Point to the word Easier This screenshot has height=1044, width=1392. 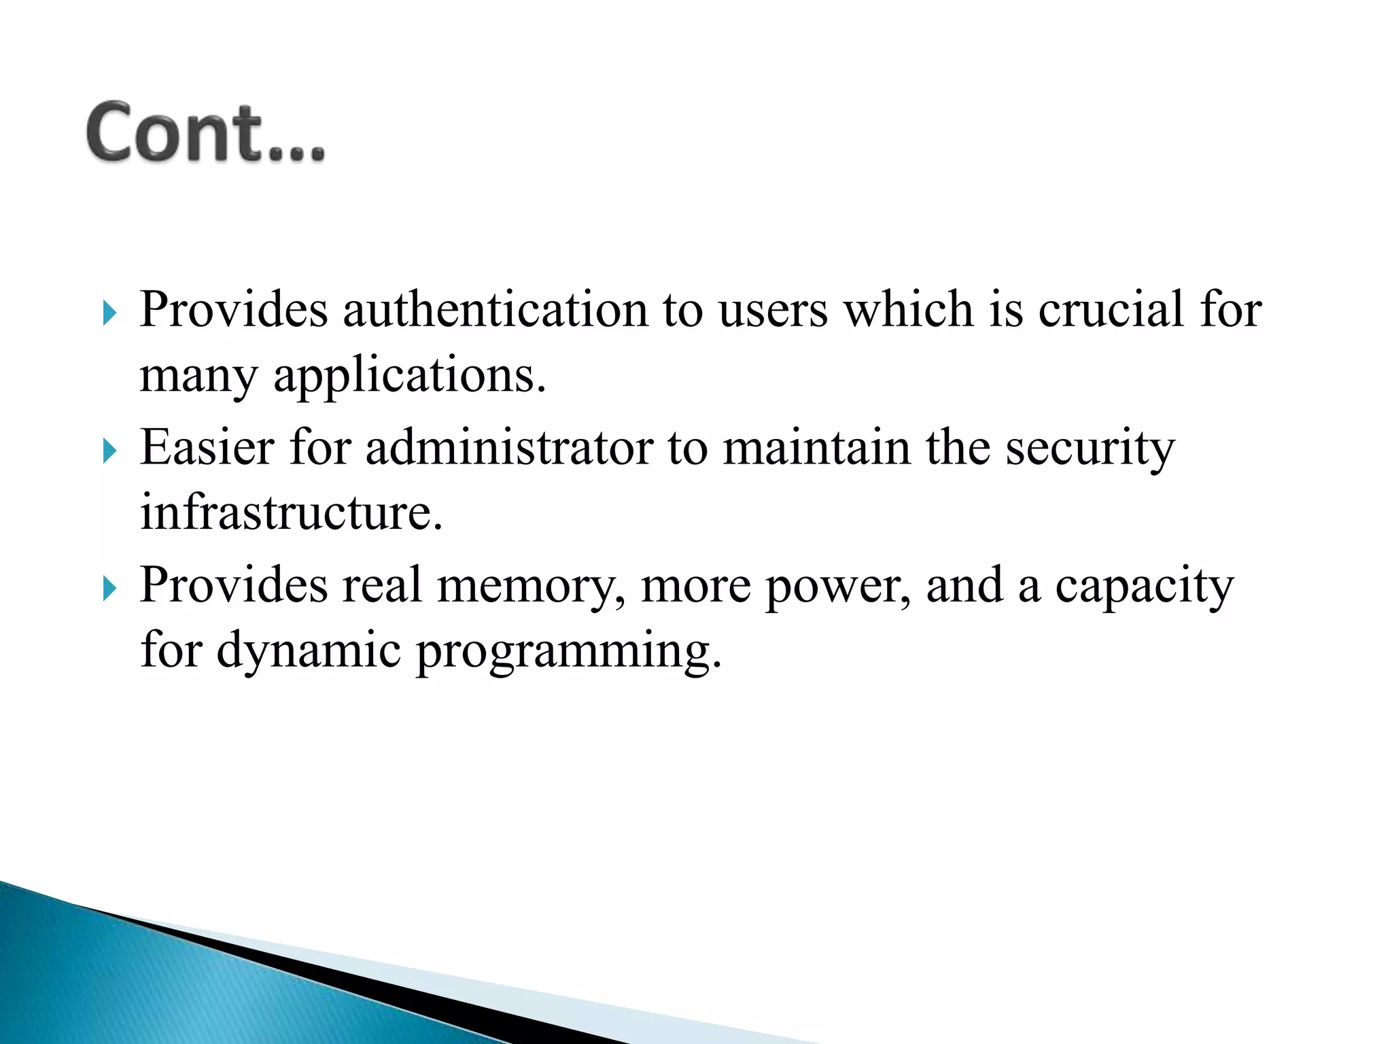click(207, 449)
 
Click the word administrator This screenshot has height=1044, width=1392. click(509, 449)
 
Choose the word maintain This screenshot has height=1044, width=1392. click(816, 449)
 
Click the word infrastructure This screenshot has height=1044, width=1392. click(291, 512)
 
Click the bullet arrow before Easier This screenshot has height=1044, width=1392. click(109, 451)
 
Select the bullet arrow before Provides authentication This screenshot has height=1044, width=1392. click(109, 313)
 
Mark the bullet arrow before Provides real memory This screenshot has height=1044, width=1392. click(109, 588)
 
